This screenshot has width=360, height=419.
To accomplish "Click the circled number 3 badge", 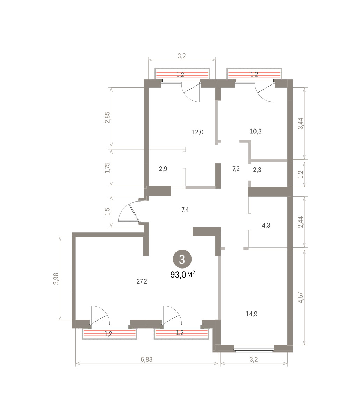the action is [182, 259].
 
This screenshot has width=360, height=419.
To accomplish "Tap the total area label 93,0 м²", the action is [183, 275].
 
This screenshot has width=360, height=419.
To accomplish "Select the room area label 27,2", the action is [142, 281].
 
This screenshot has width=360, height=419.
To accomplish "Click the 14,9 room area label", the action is [252, 314].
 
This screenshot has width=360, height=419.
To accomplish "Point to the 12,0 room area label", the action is [198, 132].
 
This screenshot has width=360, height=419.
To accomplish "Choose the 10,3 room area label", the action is [256, 131].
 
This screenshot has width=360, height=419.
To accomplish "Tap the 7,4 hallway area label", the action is [185, 210].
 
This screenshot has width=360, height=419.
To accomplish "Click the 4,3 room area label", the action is [266, 225].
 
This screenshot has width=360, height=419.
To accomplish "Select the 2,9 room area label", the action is [163, 169].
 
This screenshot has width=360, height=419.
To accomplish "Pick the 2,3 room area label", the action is [257, 170].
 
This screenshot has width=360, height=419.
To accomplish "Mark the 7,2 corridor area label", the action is [236, 169].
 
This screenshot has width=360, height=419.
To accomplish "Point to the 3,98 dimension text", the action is [56, 279].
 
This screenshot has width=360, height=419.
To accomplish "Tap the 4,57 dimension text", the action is [301, 297].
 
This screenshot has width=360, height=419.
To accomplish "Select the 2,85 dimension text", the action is [107, 117].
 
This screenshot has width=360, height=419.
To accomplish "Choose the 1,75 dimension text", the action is [107, 168].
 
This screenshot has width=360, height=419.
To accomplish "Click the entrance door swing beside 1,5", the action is [129, 212].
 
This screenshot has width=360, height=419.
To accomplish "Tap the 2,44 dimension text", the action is [301, 222].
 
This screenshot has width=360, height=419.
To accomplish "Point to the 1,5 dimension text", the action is [108, 212].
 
